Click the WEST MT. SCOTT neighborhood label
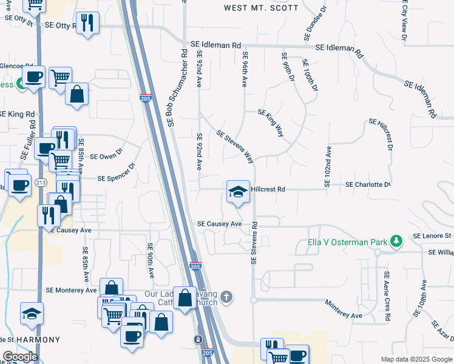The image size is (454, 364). [261, 8]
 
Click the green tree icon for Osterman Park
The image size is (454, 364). [396, 241]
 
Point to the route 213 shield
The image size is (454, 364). [41, 182]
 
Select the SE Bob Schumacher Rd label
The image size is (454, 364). [177, 88]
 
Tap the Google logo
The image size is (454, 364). [20, 356]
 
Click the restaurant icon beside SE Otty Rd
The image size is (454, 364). [88, 24]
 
